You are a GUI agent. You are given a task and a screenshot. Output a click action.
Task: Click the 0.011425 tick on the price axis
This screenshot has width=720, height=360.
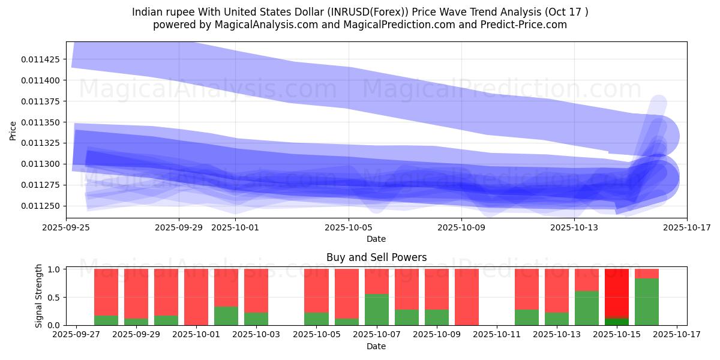(43, 59)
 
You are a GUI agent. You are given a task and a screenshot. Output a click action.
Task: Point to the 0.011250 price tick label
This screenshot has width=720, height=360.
(43, 206)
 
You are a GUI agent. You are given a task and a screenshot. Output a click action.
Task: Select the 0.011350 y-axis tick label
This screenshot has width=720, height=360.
(43, 122)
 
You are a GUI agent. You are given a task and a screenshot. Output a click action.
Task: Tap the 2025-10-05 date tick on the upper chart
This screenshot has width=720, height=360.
(349, 227)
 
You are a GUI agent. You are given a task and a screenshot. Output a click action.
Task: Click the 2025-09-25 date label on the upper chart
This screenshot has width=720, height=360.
(66, 227)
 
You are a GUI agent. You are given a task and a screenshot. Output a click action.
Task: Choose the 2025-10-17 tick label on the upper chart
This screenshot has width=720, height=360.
(687, 227)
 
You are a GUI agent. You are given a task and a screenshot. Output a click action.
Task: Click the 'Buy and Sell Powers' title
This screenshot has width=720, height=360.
(376, 257)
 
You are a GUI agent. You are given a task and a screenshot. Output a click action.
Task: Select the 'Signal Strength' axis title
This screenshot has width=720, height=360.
(39, 296)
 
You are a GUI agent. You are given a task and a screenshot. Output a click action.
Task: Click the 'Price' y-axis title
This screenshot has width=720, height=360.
(13, 130)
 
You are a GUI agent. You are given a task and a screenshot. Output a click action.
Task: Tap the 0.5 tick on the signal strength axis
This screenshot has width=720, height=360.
(53, 297)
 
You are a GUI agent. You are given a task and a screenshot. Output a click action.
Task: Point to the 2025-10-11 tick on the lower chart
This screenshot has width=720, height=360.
(497, 335)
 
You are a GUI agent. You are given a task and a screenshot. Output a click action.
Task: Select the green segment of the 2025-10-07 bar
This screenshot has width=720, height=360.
(376, 310)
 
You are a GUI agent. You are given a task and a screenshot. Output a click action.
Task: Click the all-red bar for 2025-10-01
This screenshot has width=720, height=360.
(196, 297)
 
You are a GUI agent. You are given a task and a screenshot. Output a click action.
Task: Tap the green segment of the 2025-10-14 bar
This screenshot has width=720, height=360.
(587, 308)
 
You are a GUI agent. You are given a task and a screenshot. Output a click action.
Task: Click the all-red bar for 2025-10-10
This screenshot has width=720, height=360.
(467, 297)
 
